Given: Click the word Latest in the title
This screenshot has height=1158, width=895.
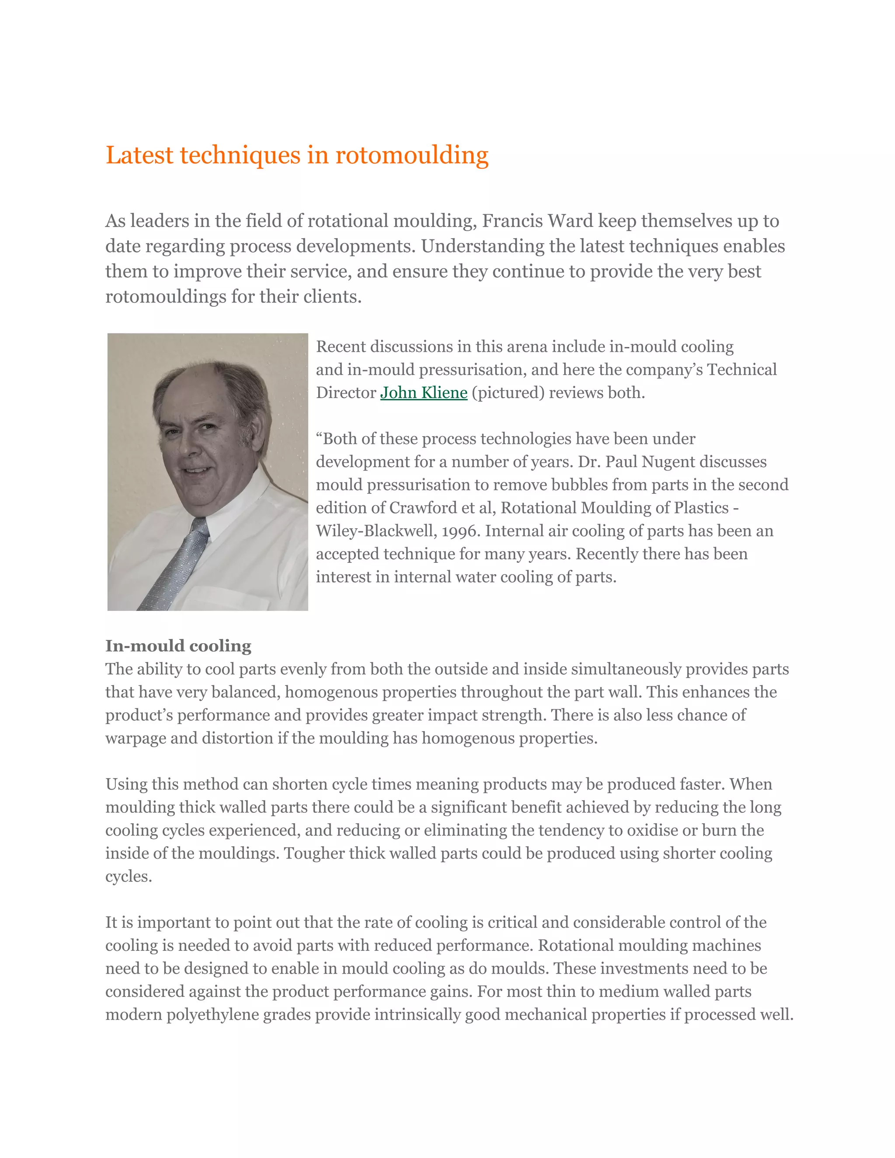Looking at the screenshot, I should coord(139,156).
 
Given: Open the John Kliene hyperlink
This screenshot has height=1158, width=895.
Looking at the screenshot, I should coord(423,393).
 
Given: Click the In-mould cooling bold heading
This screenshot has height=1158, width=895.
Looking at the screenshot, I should coord(178,646).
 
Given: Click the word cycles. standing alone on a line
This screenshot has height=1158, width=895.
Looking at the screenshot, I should coord(129,877).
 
